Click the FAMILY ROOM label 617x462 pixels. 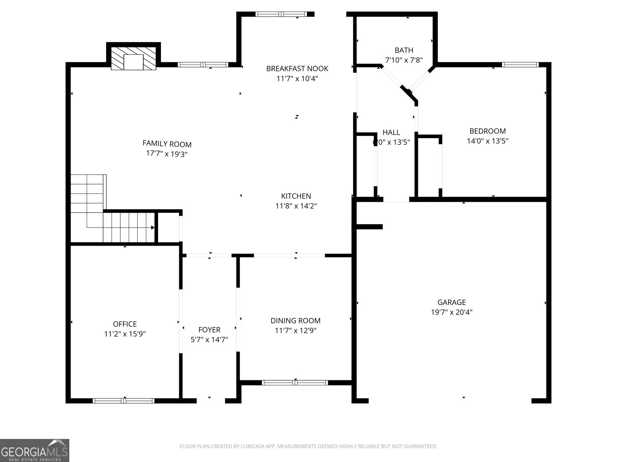click(167, 144)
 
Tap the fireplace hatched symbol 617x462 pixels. click(133, 58)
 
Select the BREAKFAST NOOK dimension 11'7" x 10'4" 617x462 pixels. click(297, 79)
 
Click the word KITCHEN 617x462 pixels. click(296, 196)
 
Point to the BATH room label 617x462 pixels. click(404, 50)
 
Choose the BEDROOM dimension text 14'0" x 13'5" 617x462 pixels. click(487, 141)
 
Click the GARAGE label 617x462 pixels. click(451, 302)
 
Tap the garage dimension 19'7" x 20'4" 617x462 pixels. click(451, 312)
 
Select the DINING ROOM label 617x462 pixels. click(295, 320)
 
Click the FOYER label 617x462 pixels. click(209, 330)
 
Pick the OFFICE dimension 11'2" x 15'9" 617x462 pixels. click(125, 334)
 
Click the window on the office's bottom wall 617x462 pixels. click(124, 401)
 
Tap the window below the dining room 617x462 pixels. click(295, 383)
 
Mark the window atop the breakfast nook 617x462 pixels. click(281, 14)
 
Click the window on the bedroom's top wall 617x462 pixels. click(520, 65)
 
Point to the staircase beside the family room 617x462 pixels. click(112, 216)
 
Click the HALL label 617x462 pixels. click(391, 132)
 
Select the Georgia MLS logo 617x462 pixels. click(35, 450)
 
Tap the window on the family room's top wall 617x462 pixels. click(203, 65)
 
